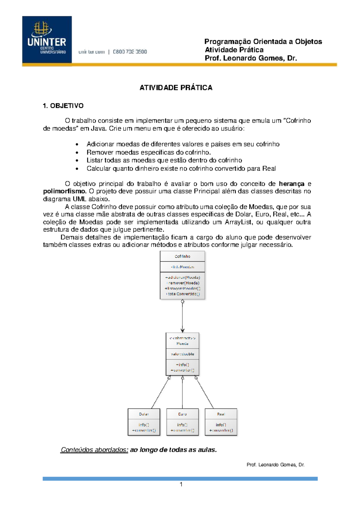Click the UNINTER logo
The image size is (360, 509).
47,39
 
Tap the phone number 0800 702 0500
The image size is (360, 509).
130,52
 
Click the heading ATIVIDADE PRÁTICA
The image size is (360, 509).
176,88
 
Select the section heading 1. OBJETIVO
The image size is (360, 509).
63,106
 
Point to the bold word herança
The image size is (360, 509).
291,184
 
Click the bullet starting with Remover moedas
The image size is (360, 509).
148,152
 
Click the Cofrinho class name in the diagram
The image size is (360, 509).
182,256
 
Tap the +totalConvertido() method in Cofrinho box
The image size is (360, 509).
182,294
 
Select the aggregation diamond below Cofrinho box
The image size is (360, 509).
182,302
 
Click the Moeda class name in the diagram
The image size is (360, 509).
182,344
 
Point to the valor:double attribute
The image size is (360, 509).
182,354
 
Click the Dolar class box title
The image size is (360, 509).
144,414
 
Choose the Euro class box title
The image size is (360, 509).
182,414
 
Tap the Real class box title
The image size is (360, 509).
221,414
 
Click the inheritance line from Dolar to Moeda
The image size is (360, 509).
161,393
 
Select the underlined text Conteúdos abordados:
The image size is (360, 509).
94,450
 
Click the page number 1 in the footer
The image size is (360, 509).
181,484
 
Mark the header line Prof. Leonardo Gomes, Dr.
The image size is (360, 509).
251,58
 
